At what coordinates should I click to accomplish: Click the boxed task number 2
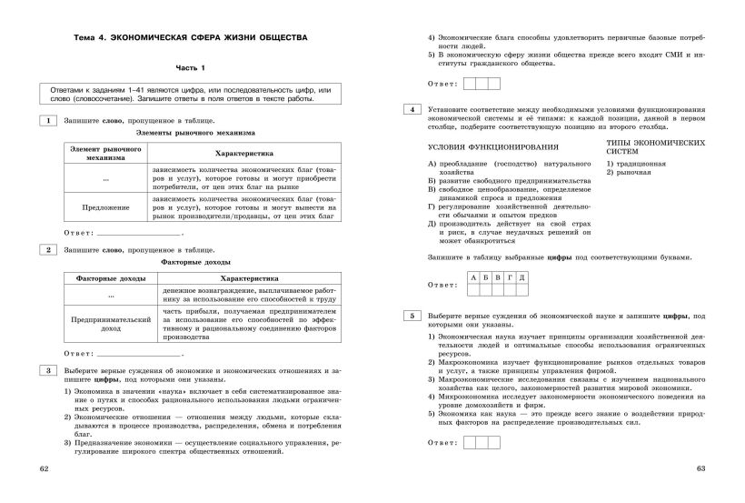46,248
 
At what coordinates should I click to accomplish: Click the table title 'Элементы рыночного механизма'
192,133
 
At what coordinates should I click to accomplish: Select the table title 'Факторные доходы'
192,261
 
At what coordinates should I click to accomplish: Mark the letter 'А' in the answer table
473,277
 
